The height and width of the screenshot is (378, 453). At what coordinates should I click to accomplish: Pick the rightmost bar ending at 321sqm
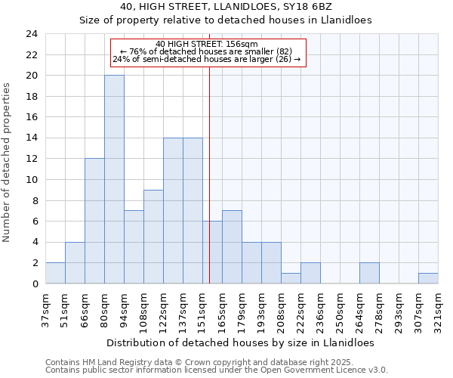[428, 278]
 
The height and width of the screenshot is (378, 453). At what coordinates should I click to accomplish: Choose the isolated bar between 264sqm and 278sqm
[369, 273]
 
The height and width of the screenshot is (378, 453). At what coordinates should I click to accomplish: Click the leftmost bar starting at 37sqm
[55, 273]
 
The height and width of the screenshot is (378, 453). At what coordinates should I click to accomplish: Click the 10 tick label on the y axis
[31, 180]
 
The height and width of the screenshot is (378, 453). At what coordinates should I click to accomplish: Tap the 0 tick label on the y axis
[34, 284]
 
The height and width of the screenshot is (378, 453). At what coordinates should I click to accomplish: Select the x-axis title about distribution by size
[240, 342]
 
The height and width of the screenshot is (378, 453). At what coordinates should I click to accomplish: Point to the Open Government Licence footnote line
[217, 370]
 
